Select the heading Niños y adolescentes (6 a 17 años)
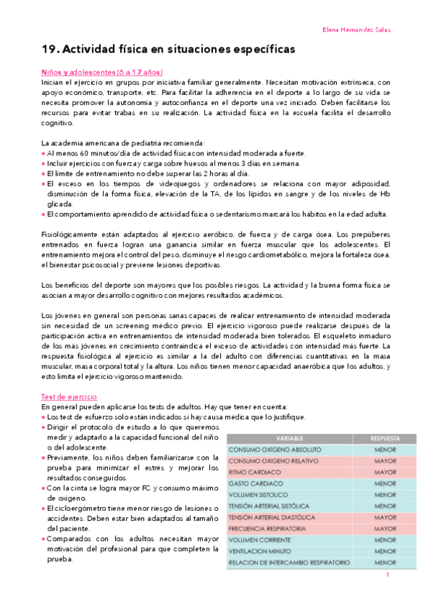101,73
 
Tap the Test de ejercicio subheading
69,396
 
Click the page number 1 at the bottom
387,575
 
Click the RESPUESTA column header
385,437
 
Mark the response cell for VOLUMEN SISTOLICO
385,494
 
